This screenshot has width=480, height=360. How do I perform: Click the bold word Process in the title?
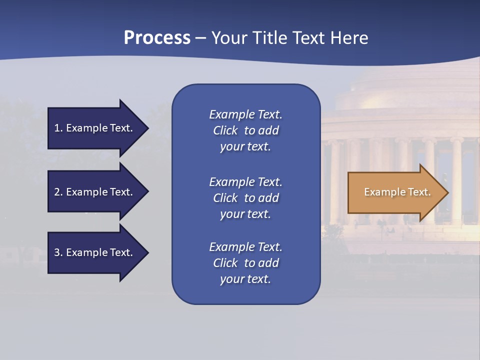(x=157, y=38)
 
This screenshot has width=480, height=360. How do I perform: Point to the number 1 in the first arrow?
(x=57, y=128)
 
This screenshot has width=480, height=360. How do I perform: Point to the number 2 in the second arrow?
(x=57, y=192)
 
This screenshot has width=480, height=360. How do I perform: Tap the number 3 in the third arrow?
(x=57, y=252)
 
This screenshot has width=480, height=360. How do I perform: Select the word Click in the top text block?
(x=225, y=130)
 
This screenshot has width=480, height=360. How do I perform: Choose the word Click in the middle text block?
(x=225, y=198)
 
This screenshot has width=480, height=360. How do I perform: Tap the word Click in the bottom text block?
(x=225, y=263)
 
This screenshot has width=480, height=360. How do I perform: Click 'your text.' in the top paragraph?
(x=245, y=147)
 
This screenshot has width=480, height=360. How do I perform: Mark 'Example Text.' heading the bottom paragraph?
(x=245, y=247)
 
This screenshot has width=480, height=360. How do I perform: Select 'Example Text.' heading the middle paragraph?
(x=245, y=182)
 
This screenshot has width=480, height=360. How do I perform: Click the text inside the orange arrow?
(x=397, y=192)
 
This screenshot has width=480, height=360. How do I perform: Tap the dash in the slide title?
(x=201, y=38)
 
